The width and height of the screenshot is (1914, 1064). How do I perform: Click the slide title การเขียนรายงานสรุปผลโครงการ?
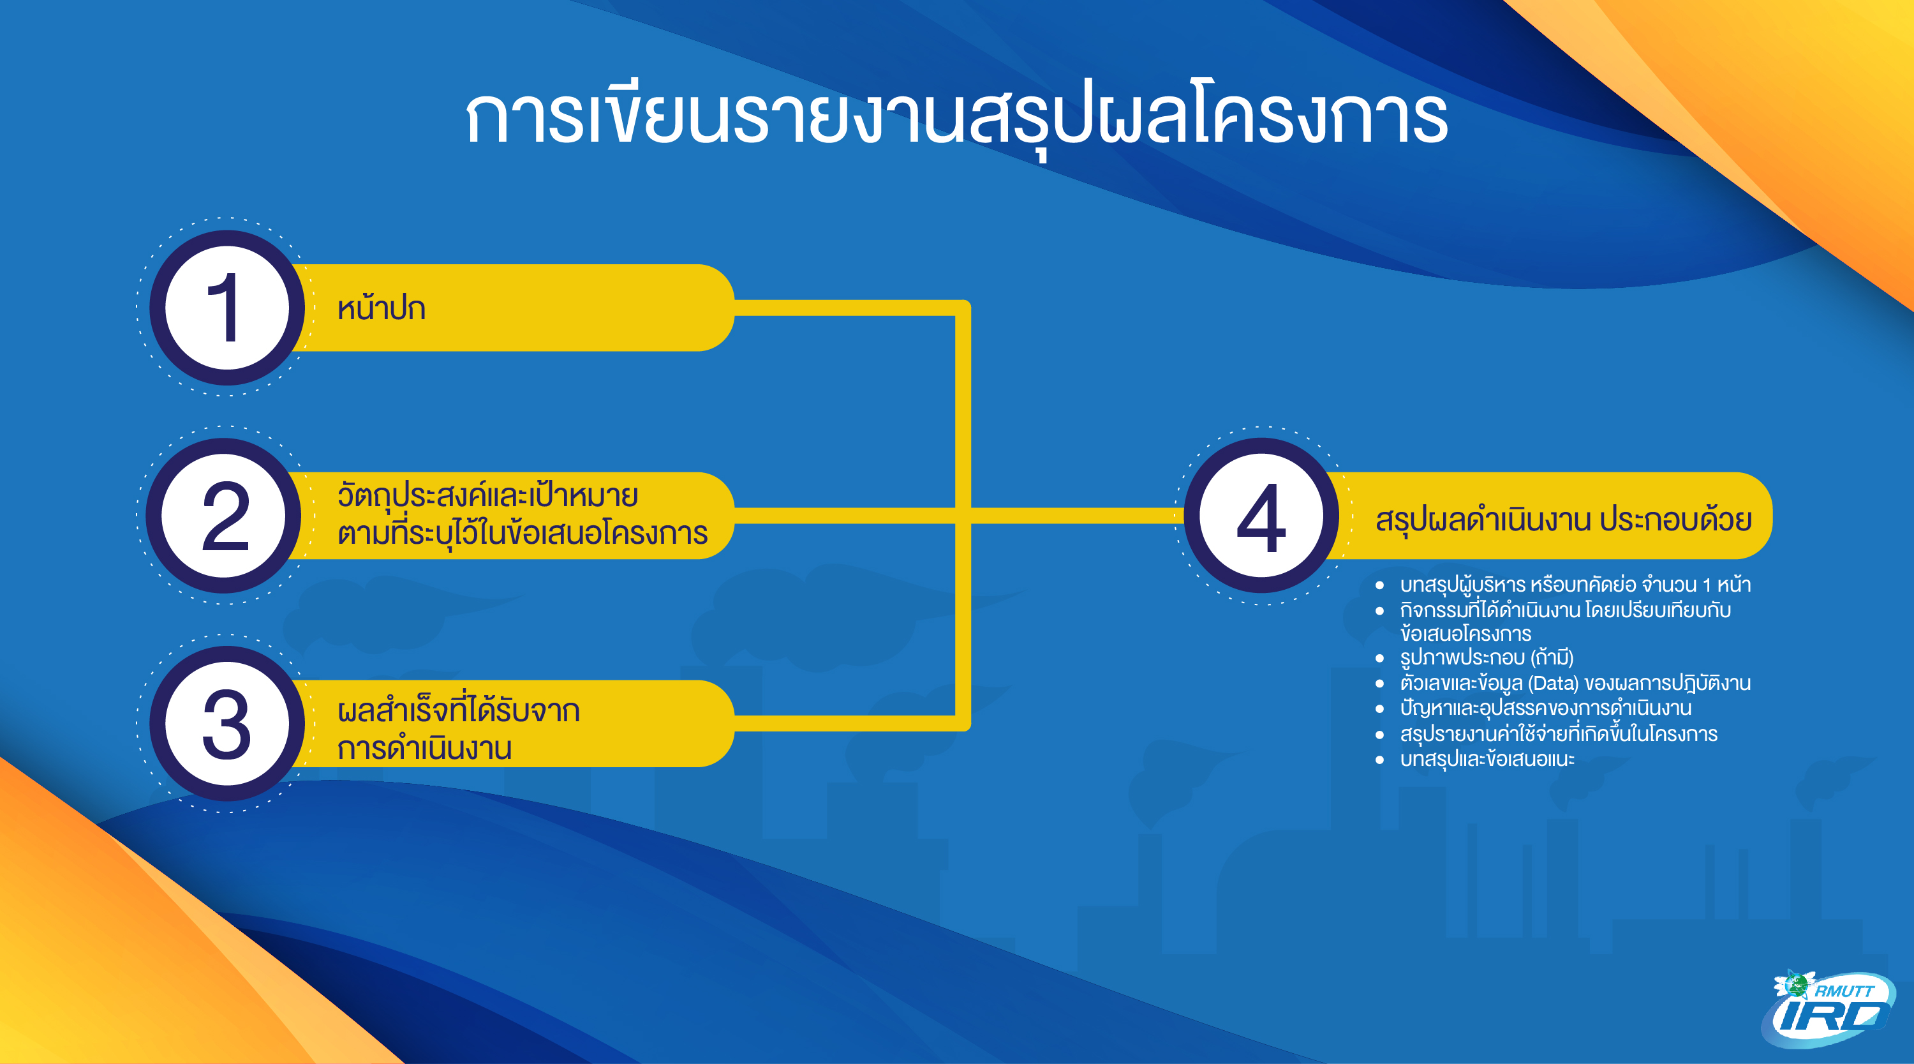pyautogui.click(x=956, y=117)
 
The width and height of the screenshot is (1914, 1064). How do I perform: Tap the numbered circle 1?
pyautogui.click(x=227, y=307)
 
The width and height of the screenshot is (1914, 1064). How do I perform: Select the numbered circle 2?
pyautogui.click(x=225, y=515)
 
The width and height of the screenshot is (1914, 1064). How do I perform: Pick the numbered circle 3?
pyautogui.click(x=227, y=723)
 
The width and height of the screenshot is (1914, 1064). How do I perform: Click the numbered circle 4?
pyautogui.click(x=1261, y=515)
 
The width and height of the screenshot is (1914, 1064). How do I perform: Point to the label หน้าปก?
pyautogui.click(x=381, y=308)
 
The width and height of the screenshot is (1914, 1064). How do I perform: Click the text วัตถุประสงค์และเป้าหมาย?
pyautogui.click(x=487, y=495)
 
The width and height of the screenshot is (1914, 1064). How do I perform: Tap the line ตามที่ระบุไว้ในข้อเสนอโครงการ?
pyautogui.click(x=523, y=533)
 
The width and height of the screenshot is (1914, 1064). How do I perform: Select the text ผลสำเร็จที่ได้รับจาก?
pyautogui.click(x=459, y=709)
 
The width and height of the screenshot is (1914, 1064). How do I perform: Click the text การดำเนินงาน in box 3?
pyautogui.click(x=424, y=747)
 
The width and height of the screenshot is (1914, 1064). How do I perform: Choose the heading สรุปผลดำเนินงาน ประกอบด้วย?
pyautogui.click(x=1563, y=519)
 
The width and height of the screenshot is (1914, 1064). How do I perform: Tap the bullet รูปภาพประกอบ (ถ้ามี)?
pyautogui.click(x=1487, y=657)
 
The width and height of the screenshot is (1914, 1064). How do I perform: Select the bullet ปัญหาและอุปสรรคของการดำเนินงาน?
pyautogui.click(x=1545, y=708)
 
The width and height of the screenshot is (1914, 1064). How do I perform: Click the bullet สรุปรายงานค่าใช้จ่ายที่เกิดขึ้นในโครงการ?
pyautogui.click(x=1559, y=733)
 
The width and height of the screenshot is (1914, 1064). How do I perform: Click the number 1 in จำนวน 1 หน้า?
pyautogui.click(x=1707, y=585)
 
